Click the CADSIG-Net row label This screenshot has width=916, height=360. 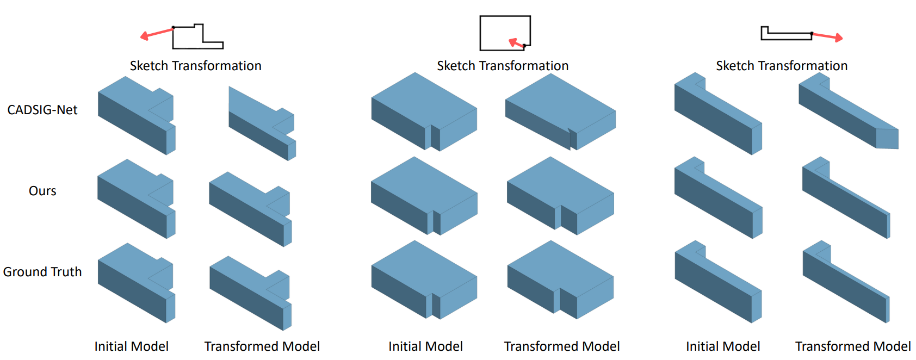[42, 109]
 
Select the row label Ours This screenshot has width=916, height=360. [42, 191]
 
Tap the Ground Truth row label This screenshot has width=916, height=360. [42, 272]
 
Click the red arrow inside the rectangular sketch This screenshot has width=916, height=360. [517, 43]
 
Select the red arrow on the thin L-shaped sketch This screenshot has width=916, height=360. [827, 36]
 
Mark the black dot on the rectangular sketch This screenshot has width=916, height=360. [524, 46]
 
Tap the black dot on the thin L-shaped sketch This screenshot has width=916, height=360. [812, 34]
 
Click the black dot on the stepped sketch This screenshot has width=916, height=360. [174, 28]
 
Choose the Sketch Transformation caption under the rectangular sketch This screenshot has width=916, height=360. [503, 66]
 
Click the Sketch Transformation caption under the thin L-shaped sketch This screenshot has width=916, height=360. [782, 66]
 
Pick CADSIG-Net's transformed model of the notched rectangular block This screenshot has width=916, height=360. [560, 111]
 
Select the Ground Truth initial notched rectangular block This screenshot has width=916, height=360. [424, 280]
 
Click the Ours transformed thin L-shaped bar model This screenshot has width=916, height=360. [846, 197]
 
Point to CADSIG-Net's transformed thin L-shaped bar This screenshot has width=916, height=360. [849, 111]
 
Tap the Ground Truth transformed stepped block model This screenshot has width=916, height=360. [250, 293]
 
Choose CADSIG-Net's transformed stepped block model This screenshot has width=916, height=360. [262, 123]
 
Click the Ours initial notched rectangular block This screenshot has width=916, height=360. [424, 196]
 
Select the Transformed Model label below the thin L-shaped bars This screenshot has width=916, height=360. [852, 346]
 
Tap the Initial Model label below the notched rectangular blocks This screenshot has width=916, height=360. [425, 346]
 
